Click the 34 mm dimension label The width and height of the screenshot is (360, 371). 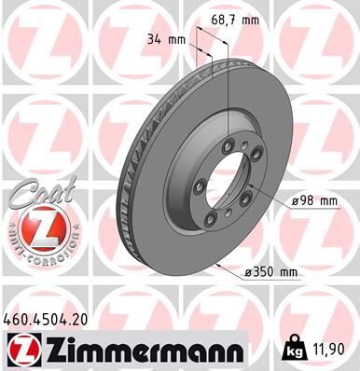coord(167,39)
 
